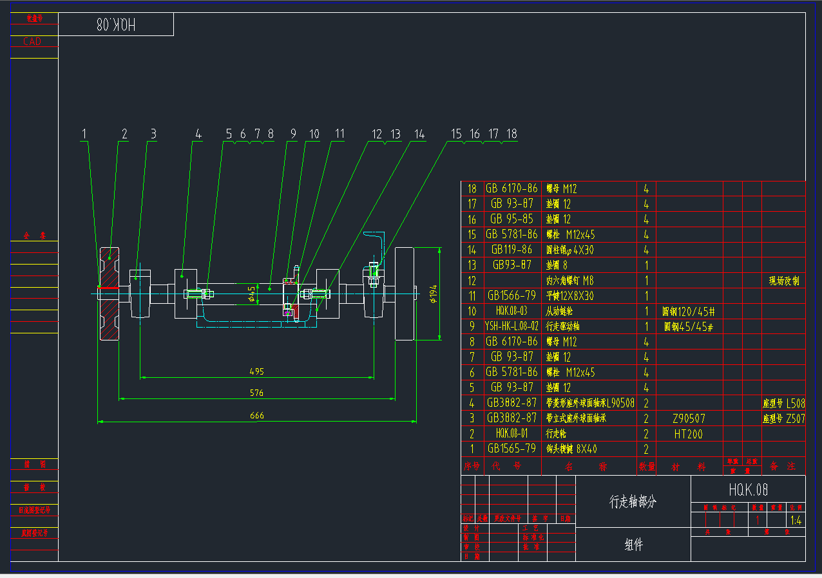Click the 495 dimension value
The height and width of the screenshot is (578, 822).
[257, 371]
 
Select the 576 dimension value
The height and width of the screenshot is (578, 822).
[257, 393]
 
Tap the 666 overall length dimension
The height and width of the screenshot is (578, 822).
[257, 416]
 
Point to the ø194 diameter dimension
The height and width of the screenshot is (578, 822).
[434, 294]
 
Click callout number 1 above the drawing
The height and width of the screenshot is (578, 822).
[84, 134]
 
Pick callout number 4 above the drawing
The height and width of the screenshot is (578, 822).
[198, 134]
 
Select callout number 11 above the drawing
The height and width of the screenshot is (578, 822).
[339, 134]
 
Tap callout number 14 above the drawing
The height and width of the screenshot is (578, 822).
[419, 134]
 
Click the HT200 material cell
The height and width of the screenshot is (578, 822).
[689, 434]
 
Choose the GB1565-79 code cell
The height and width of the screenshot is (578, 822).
[511, 449]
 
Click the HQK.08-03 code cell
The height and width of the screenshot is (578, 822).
[511, 311]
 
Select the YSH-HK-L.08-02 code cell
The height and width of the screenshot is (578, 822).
[511, 326]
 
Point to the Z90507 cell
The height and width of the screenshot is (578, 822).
[689, 418]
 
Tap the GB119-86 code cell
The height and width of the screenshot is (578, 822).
[511, 249]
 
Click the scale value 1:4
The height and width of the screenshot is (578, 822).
[796, 520]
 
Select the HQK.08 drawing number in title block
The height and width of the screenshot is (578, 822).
[748, 490]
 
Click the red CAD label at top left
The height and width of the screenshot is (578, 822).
[32, 41]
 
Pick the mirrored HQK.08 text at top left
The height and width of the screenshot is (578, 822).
[116, 25]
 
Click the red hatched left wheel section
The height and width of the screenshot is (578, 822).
[109, 294]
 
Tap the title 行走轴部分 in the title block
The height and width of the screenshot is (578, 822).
[633, 502]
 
